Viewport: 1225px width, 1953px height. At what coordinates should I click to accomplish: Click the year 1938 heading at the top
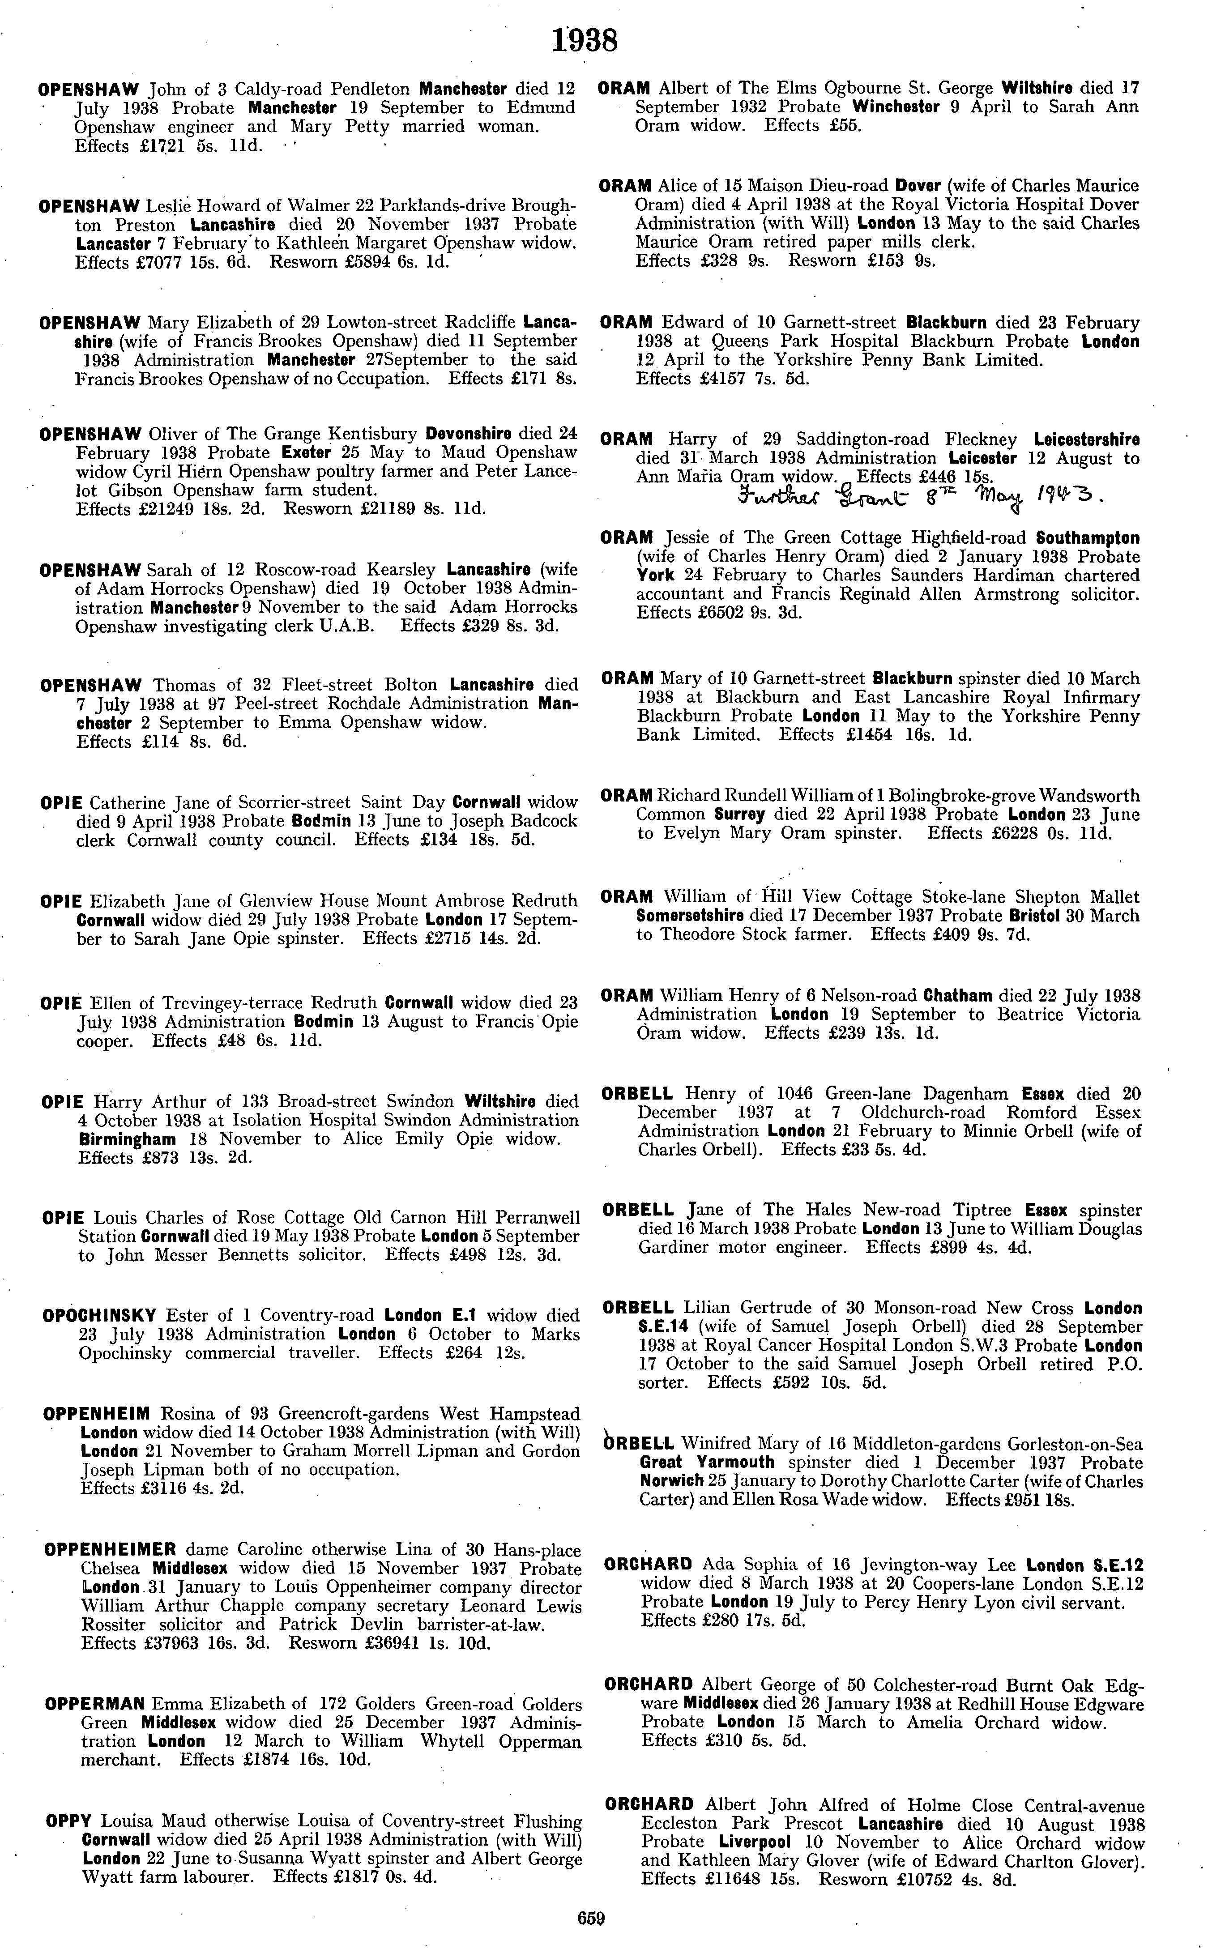[584, 41]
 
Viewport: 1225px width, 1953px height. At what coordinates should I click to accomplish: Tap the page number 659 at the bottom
[591, 1917]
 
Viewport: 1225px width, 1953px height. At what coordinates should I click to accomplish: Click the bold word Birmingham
[126, 1140]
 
